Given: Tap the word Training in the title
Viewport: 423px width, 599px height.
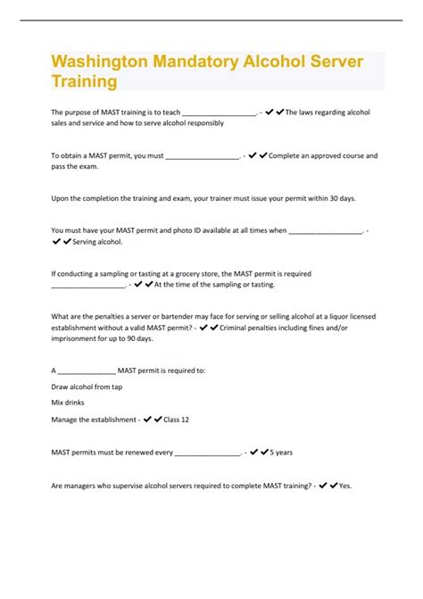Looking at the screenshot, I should click(x=84, y=82).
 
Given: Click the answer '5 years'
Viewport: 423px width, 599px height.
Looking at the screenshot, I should click(x=281, y=453).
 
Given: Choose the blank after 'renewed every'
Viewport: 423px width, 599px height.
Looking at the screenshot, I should click(x=207, y=453).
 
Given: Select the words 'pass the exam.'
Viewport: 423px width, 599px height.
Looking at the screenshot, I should click(x=76, y=166).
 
